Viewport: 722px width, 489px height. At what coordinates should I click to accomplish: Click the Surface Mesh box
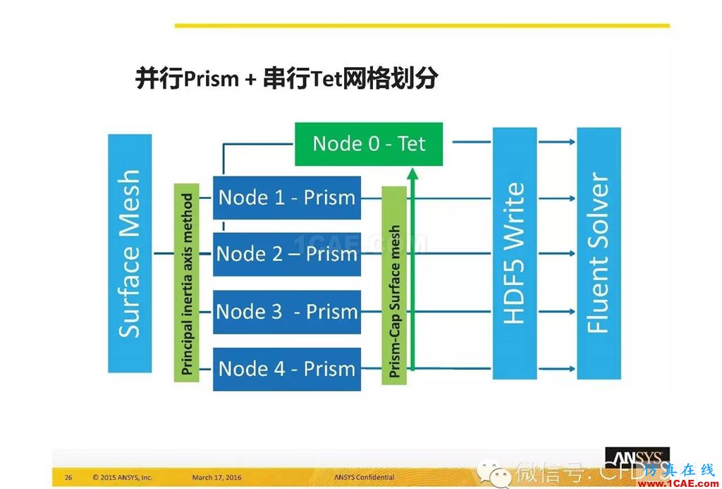pos(130,253)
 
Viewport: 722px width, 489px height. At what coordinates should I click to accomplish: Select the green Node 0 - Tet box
pos(369,144)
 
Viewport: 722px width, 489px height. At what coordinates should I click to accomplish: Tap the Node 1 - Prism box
pos(287,198)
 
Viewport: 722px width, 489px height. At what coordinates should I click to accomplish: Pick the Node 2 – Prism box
pos(287,254)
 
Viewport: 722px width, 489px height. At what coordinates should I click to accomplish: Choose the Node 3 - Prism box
pos(287,311)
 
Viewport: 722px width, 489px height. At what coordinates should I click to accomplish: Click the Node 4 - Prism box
pos(287,368)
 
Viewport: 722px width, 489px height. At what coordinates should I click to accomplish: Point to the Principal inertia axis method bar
pos(187,284)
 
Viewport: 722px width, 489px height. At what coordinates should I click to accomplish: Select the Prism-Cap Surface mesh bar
pos(395,285)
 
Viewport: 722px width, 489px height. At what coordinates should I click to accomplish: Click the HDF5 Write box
pos(515,253)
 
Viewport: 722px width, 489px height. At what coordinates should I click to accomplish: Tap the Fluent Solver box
pos(599,253)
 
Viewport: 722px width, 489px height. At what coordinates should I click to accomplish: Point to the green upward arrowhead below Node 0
pos(412,174)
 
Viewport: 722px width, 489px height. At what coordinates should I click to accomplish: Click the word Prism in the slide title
pos(211,79)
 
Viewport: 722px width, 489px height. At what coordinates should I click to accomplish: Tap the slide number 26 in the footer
pos(68,478)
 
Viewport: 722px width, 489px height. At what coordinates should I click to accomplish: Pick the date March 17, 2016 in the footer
pos(216,478)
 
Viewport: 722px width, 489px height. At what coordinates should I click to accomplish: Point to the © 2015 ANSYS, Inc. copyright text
pos(122,478)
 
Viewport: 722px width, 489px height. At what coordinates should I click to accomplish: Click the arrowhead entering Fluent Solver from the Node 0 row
pos(572,143)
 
